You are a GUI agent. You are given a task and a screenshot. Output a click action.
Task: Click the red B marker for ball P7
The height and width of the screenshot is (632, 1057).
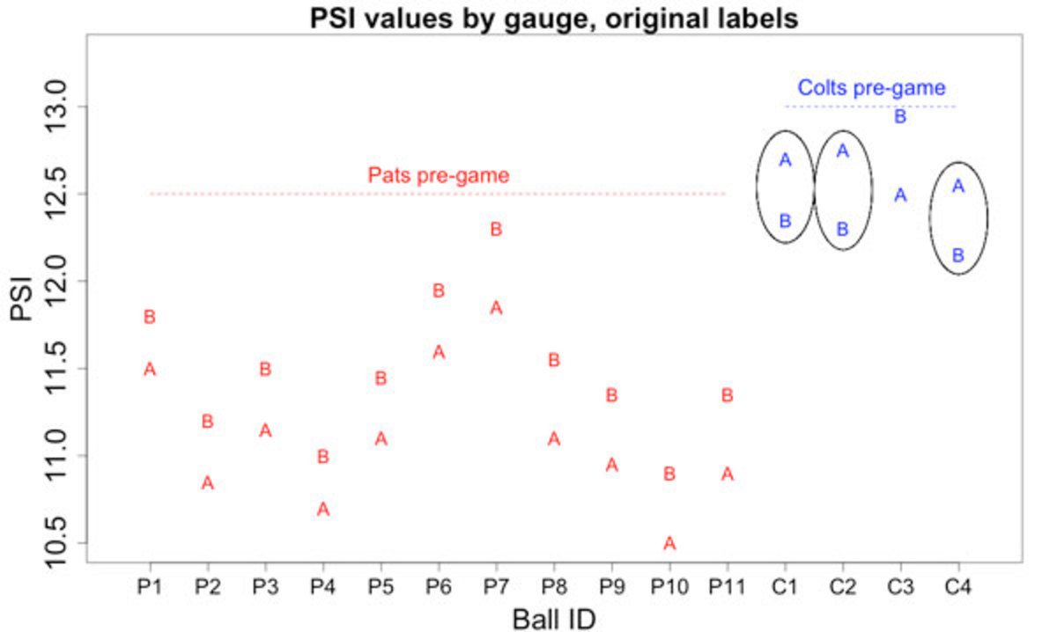tap(496, 229)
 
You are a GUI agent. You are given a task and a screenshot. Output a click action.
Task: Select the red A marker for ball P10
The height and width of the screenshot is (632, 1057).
tap(669, 543)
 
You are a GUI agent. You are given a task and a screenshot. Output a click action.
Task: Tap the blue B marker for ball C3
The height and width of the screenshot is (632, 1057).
tap(900, 116)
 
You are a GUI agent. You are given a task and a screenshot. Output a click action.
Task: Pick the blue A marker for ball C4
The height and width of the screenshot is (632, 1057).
tap(958, 186)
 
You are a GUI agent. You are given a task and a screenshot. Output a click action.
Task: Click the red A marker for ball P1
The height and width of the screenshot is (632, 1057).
tap(150, 369)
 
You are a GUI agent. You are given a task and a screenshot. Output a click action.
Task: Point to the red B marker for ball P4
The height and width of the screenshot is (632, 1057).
tap(323, 456)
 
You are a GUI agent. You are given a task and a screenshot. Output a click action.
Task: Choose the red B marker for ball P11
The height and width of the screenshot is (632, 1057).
tap(728, 395)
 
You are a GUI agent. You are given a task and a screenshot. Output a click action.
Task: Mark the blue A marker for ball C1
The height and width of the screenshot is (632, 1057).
tap(786, 160)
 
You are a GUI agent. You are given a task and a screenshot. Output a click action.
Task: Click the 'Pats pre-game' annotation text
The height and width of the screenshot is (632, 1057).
tap(439, 175)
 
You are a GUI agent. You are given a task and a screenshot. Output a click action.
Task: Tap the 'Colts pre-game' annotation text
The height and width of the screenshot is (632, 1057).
tap(871, 88)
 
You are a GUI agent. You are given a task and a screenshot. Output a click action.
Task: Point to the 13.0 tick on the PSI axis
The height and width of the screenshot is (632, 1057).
tap(79, 107)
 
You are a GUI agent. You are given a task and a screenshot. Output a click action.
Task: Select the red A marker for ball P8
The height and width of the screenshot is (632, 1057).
tap(554, 438)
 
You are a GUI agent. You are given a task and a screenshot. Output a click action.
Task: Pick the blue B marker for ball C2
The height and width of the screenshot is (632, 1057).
tap(843, 229)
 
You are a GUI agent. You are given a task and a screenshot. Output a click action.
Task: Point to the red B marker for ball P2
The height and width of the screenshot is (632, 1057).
tap(208, 422)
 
